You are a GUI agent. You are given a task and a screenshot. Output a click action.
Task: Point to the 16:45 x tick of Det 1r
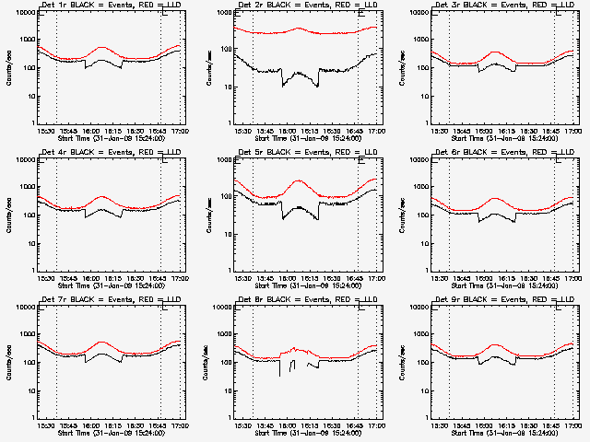pos(159,130)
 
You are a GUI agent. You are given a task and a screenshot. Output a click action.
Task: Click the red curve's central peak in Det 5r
pos(298,181)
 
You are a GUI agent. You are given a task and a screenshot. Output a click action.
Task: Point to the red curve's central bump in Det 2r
pos(298,28)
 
